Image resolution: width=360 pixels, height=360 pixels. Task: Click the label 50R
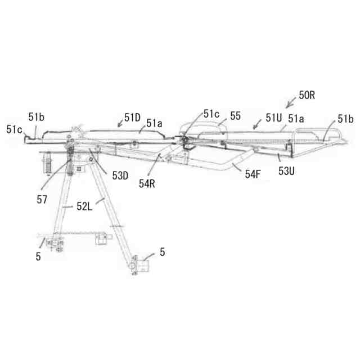pos(307,96)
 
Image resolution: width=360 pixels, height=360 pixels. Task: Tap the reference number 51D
pos(133,117)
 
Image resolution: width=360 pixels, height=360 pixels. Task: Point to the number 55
pos(235,115)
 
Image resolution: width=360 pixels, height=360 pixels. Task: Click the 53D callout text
pos(120,175)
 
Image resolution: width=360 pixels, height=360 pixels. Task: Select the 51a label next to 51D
pos(155,122)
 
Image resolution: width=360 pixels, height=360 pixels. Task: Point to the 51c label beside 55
pos(211,114)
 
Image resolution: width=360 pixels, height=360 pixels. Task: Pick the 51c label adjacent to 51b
pos(14,129)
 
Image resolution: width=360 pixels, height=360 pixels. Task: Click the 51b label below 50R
pos(345,119)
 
